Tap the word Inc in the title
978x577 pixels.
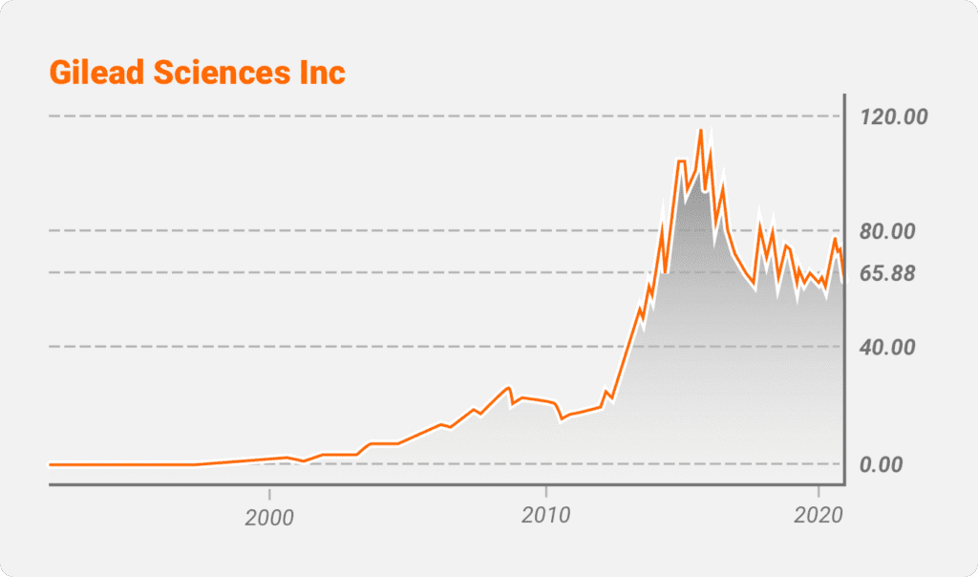click(322, 73)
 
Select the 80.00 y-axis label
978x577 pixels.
click(887, 231)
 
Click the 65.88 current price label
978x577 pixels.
click(887, 274)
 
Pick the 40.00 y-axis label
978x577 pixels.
click(887, 347)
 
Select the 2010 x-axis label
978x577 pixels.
click(545, 516)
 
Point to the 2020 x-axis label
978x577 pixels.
click(819, 516)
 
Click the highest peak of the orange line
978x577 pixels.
click(700, 130)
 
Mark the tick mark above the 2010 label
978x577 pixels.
click(545, 491)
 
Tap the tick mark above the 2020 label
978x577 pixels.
click(819, 491)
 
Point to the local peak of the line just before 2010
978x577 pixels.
click(509, 387)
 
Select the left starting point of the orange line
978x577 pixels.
click(50, 464)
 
